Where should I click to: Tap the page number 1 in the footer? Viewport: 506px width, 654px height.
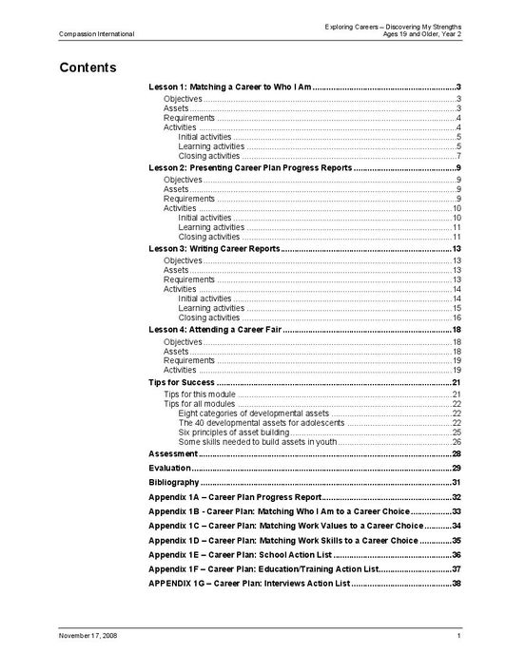458,634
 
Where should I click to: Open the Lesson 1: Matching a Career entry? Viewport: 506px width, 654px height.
231,87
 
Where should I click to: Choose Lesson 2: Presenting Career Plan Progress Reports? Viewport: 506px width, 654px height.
250,167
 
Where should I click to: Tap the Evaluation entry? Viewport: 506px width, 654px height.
169,469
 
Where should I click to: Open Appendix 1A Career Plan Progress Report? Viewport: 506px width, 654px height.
236,497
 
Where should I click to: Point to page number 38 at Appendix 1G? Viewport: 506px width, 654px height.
457,583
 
